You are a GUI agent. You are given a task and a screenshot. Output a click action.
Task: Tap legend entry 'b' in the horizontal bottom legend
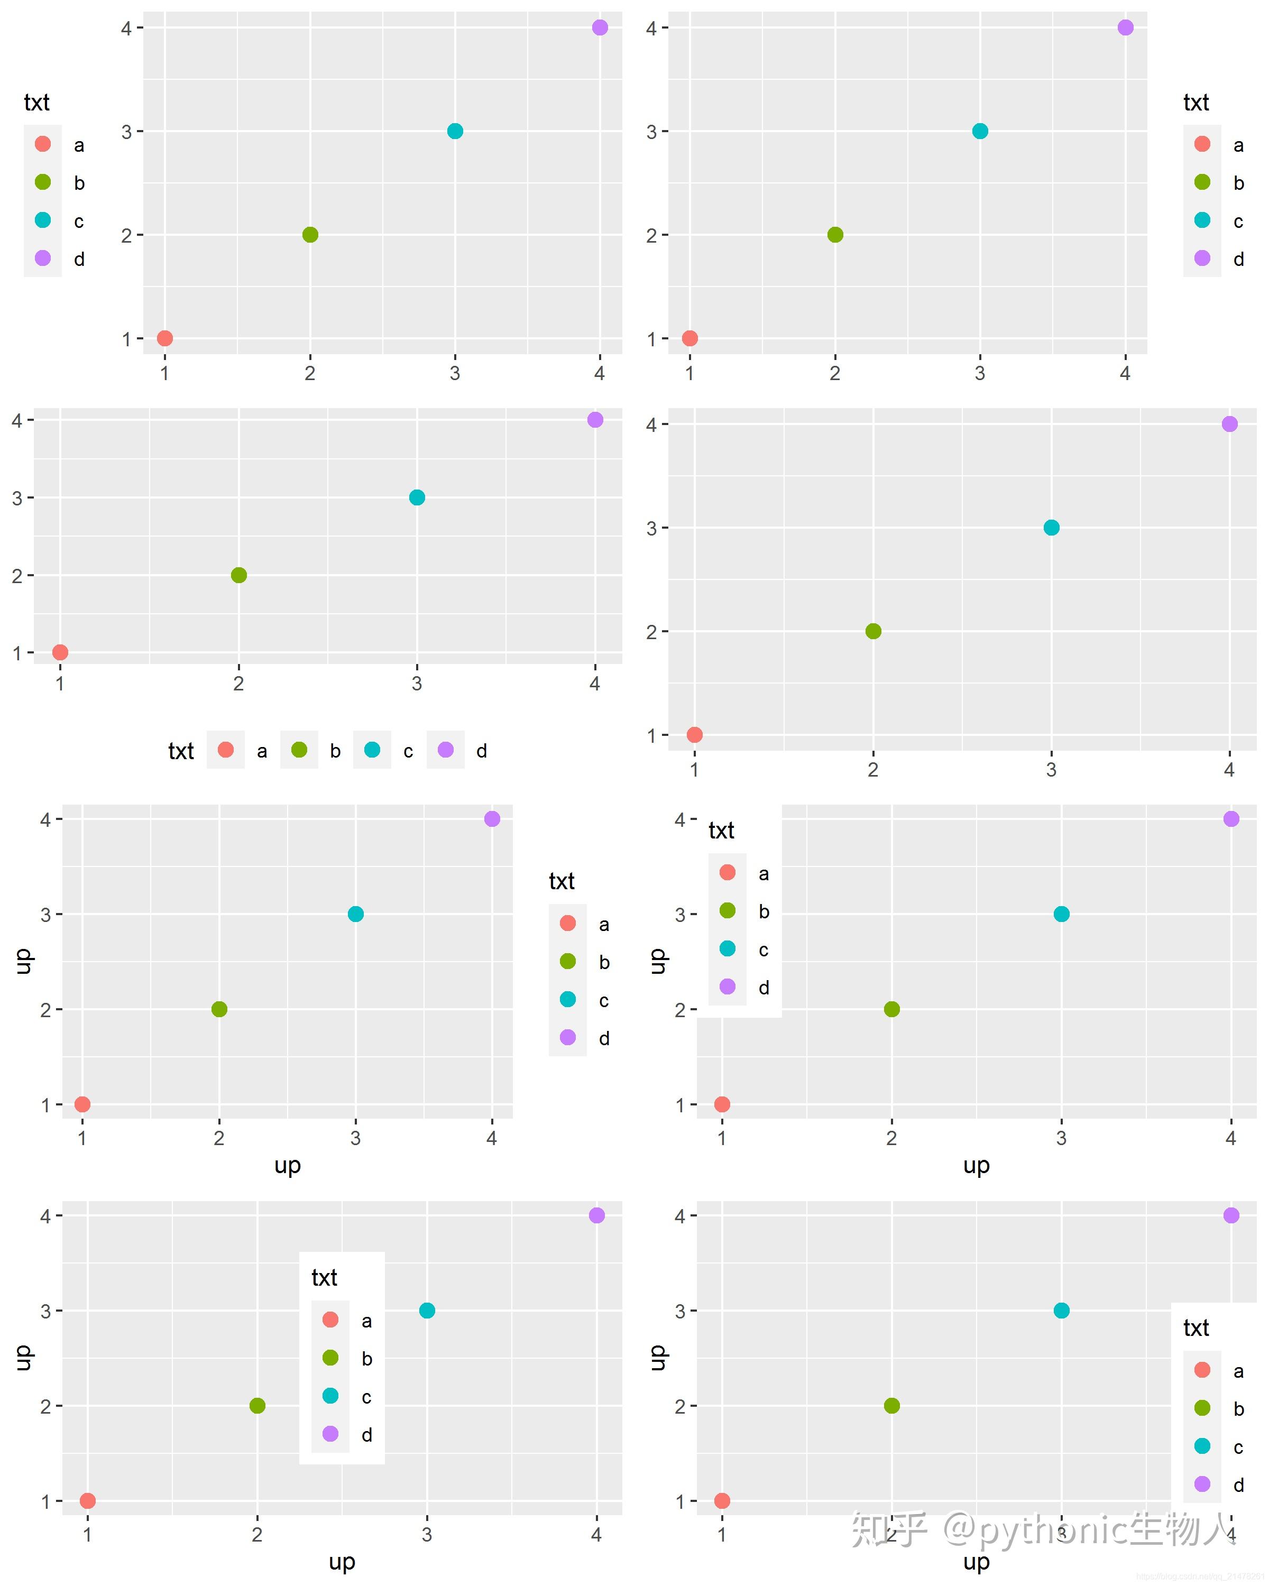(299, 750)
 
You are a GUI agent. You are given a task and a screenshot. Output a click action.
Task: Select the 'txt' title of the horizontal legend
(181, 751)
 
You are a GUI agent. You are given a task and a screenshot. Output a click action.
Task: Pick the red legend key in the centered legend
(330, 1320)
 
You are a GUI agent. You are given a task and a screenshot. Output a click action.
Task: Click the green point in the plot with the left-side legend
(310, 235)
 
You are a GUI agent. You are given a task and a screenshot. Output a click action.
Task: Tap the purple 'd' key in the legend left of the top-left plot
(43, 258)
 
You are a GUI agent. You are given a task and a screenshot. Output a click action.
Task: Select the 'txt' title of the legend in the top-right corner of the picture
(1196, 102)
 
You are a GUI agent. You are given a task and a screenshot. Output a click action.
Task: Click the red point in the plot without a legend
(694, 734)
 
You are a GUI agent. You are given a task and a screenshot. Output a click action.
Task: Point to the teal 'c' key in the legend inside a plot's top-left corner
(727, 949)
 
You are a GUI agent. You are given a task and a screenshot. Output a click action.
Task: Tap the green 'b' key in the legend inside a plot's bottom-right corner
(1202, 1408)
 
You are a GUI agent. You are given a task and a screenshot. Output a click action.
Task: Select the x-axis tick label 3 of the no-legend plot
(1051, 769)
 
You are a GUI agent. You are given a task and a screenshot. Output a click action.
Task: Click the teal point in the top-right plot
(980, 131)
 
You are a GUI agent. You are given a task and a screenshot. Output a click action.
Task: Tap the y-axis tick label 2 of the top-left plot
(126, 235)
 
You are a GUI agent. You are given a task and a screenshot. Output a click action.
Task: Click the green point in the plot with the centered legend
(257, 1406)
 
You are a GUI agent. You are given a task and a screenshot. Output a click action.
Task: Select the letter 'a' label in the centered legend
(366, 1321)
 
